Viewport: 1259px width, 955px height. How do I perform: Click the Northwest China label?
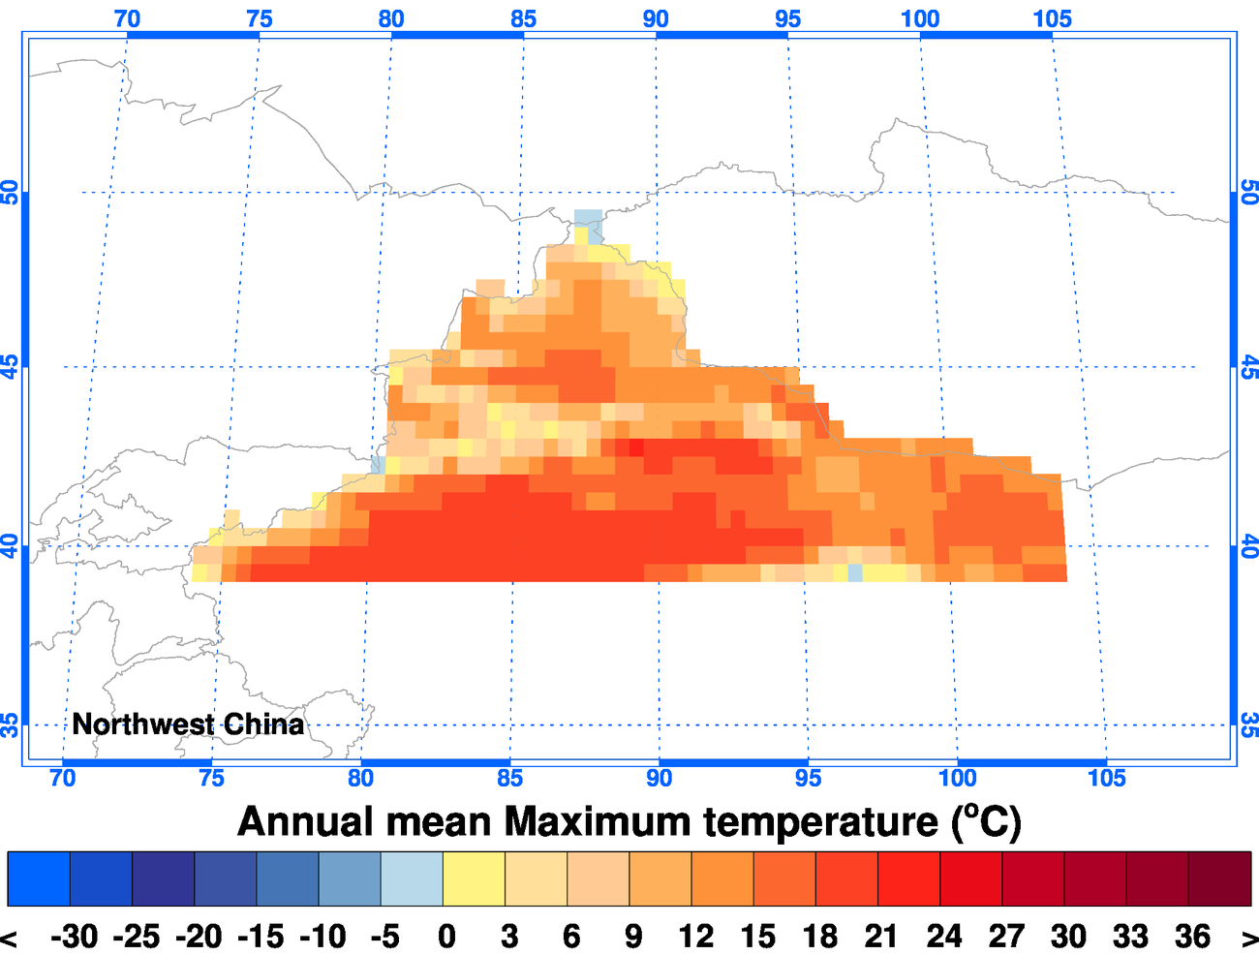(x=188, y=724)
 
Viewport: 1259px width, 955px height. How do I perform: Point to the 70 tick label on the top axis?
(x=127, y=18)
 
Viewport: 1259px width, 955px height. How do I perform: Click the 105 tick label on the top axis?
(x=1052, y=18)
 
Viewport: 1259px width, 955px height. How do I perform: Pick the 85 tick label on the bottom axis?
(x=509, y=778)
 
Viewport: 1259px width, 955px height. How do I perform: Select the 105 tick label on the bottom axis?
(x=1106, y=778)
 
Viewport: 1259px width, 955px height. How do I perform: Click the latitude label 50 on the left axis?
(x=11, y=192)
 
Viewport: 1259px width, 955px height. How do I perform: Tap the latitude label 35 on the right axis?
(x=1248, y=724)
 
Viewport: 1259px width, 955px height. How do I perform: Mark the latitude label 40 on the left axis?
(x=11, y=546)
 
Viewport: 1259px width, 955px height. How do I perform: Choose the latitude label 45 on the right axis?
(x=1248, y=367)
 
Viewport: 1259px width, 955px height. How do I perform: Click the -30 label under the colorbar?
(x=75, y=937)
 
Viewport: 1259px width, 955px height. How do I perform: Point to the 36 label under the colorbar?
(x=1192, y=937)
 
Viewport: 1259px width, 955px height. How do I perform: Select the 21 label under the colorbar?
(x=881, y=937)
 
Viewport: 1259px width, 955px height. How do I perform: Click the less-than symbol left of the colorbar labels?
(x=9, y=938)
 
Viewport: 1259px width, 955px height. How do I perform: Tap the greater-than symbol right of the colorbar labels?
(x=1248, y=938)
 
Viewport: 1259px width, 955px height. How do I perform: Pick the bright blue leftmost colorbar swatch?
(x=39, y=878)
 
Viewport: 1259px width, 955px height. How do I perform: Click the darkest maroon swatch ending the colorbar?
(x=1219, y=878)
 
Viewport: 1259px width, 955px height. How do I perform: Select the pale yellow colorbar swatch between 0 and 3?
(x=474, y=878)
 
